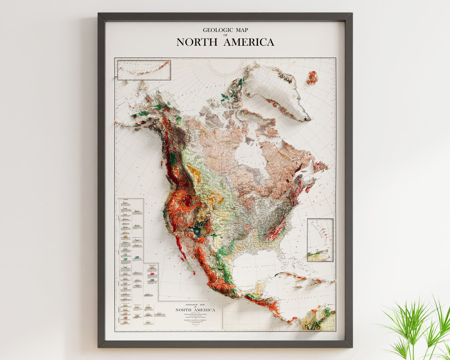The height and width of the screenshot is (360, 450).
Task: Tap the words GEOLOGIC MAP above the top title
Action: (x=225, y=30)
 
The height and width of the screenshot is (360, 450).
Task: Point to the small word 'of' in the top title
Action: (x=225, y=35)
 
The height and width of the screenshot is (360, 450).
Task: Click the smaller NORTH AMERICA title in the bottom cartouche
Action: (x=195, y=310)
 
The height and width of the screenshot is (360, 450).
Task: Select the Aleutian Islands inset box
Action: (x=144, y=70)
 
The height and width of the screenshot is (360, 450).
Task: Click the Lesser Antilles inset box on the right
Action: (x=320, y=240)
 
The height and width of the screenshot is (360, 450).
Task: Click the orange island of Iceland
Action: (x=312, y=77)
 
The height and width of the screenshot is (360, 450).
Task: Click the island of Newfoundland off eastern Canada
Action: (x=319, y=165)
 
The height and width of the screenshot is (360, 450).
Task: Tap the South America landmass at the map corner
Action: (x=319, y=319)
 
